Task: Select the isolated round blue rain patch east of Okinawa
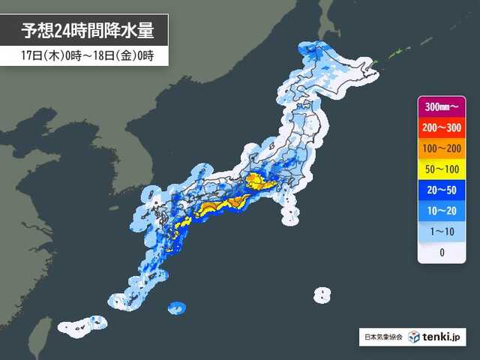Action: tap(176, 307)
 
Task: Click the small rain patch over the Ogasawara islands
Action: tap(322, 293)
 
